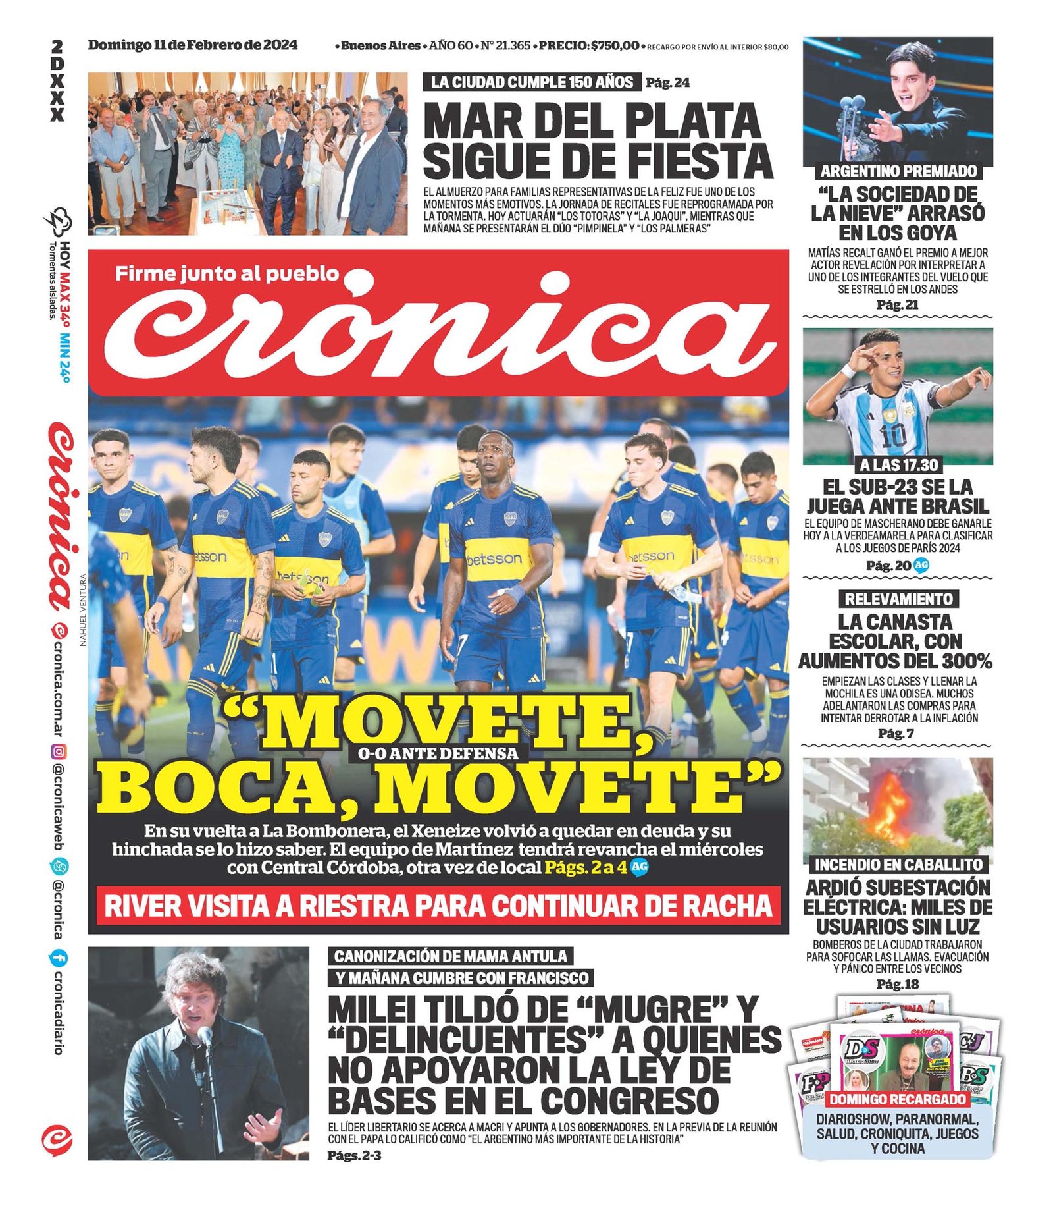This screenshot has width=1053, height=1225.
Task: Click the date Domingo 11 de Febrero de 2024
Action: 192,45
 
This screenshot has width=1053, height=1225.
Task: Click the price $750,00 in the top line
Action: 615,45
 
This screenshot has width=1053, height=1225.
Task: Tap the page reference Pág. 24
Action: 667,82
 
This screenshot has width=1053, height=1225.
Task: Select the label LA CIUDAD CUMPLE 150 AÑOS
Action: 532,82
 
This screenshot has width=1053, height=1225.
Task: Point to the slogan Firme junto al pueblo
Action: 227,273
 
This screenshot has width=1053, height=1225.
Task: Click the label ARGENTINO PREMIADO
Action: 898,171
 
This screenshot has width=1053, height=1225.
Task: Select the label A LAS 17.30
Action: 898,465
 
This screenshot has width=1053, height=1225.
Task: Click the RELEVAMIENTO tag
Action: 898,599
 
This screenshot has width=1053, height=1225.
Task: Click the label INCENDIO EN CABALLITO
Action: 898,864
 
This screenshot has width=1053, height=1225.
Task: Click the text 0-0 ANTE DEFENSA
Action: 438,754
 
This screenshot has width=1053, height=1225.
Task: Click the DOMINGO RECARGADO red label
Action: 898,1099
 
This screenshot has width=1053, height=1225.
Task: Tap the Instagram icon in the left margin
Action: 59,751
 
